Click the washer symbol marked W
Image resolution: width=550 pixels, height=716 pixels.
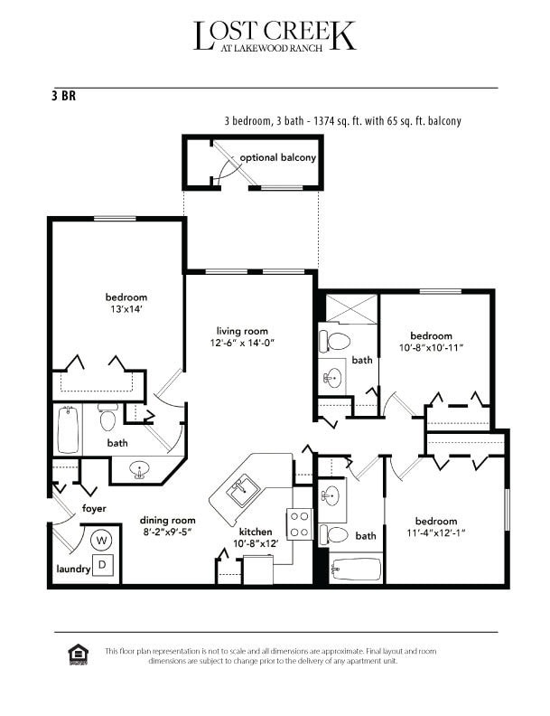pyautogui.click(x=101, y=541)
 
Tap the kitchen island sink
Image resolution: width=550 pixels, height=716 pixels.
pyautogui.click(x=241, y=491)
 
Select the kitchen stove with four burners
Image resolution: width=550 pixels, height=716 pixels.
pyautogui.click(x=299, y=523)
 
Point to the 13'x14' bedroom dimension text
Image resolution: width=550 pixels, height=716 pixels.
pyautogui.click(x=126, y=309)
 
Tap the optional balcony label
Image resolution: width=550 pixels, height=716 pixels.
pyautogui.click(x=277, y=157)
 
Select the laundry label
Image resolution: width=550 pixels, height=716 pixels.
pyautogui.click(x=69, y=570)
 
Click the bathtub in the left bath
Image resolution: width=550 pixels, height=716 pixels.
pyautogui.click(x=69, y=430)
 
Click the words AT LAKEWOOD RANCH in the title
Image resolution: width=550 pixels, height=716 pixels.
pyautogui.click(x=275, y=49)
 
